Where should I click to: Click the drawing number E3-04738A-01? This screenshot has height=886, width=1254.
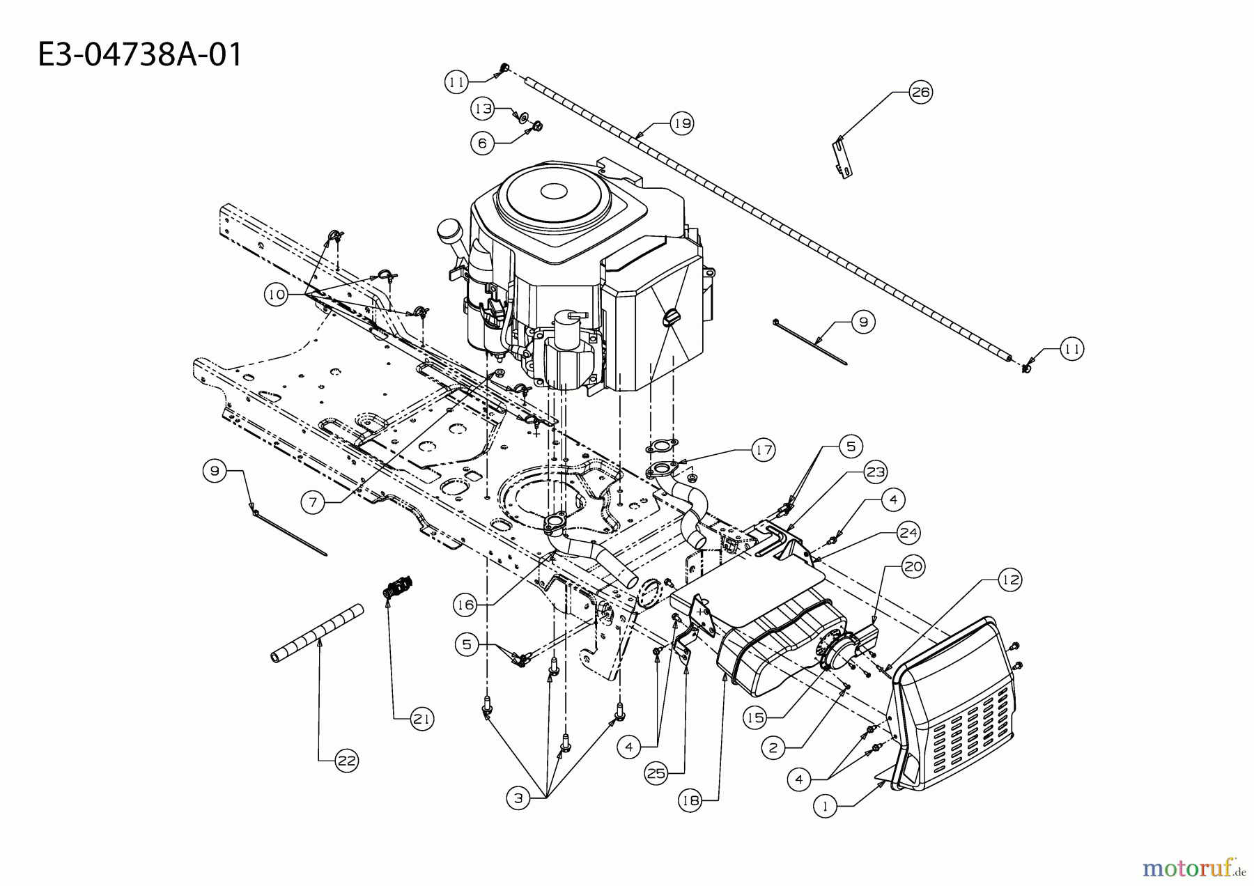tap(140, 54)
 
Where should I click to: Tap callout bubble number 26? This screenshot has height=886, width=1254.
tap(920, 92)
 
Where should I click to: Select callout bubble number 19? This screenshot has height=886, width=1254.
tap(682, 123)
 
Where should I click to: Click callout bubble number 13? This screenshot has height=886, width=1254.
tap(483, 109)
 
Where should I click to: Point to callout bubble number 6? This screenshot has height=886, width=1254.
tap(482, 143)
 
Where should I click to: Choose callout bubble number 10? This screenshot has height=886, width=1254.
tap(277, 295)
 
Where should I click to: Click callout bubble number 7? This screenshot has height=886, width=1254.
tap(314, 502)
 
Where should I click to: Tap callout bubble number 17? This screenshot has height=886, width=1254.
tap(764, 450)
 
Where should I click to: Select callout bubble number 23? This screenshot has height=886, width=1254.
tap(875, 472)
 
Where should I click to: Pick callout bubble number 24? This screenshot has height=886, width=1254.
tap(908, 534)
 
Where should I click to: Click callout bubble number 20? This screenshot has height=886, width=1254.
tap(913, 567)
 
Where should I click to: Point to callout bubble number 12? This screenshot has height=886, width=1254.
tap(1010, 579)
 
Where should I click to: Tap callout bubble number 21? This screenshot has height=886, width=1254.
tap(421, 718)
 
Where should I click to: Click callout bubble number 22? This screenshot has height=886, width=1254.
tap(346, 761)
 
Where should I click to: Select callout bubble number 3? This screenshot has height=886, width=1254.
tap(518, 799)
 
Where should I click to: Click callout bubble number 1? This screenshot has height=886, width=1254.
tap(825, 807)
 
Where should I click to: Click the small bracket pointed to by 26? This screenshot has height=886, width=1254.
tap(843, 159)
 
